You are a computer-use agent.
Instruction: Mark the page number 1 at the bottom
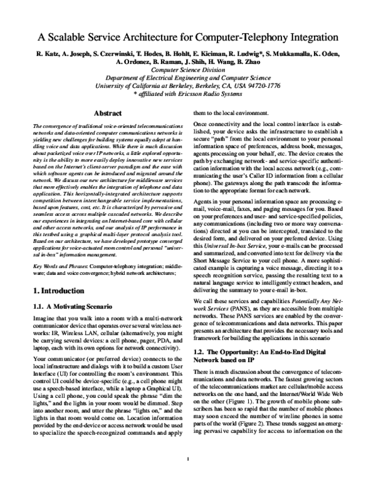[x=188, y=476]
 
